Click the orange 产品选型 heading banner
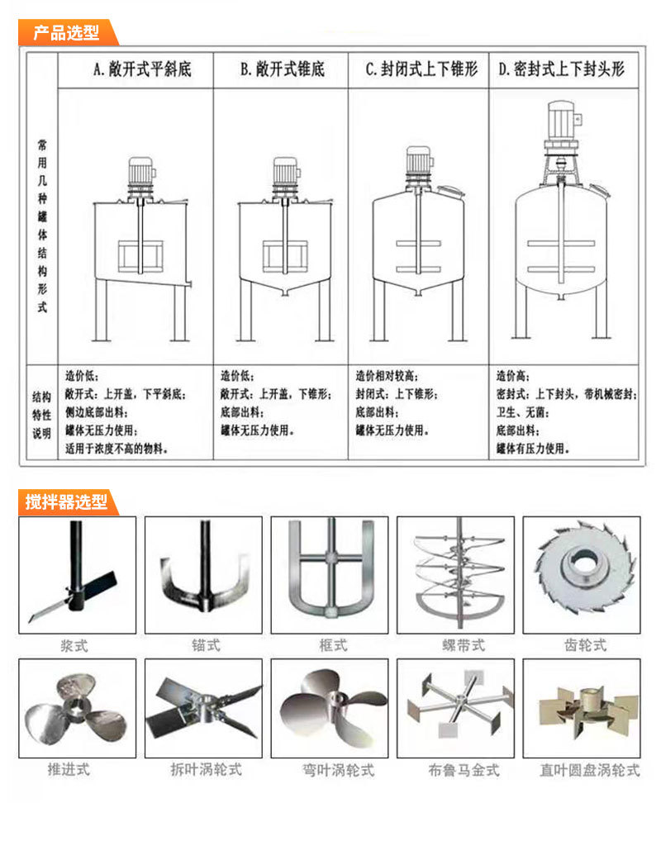coord(67,32)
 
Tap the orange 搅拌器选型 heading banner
coord(67,502)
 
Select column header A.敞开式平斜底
coord(142,69)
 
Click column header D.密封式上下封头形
coord(562,69)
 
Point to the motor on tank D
coord(562,121)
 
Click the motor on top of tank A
coord(141,172)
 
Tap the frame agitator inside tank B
coord(285,256)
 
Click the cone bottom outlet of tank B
coord(285,292)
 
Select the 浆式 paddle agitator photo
coord(78,575)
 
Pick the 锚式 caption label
coord(206,645)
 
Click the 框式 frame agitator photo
coord(330,575)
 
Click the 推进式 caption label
coord(69,770)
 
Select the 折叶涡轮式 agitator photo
coord(203,708)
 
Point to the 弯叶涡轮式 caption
coord(338,770)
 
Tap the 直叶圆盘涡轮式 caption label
coord(590,770)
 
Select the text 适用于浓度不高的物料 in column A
coord(117,449)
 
